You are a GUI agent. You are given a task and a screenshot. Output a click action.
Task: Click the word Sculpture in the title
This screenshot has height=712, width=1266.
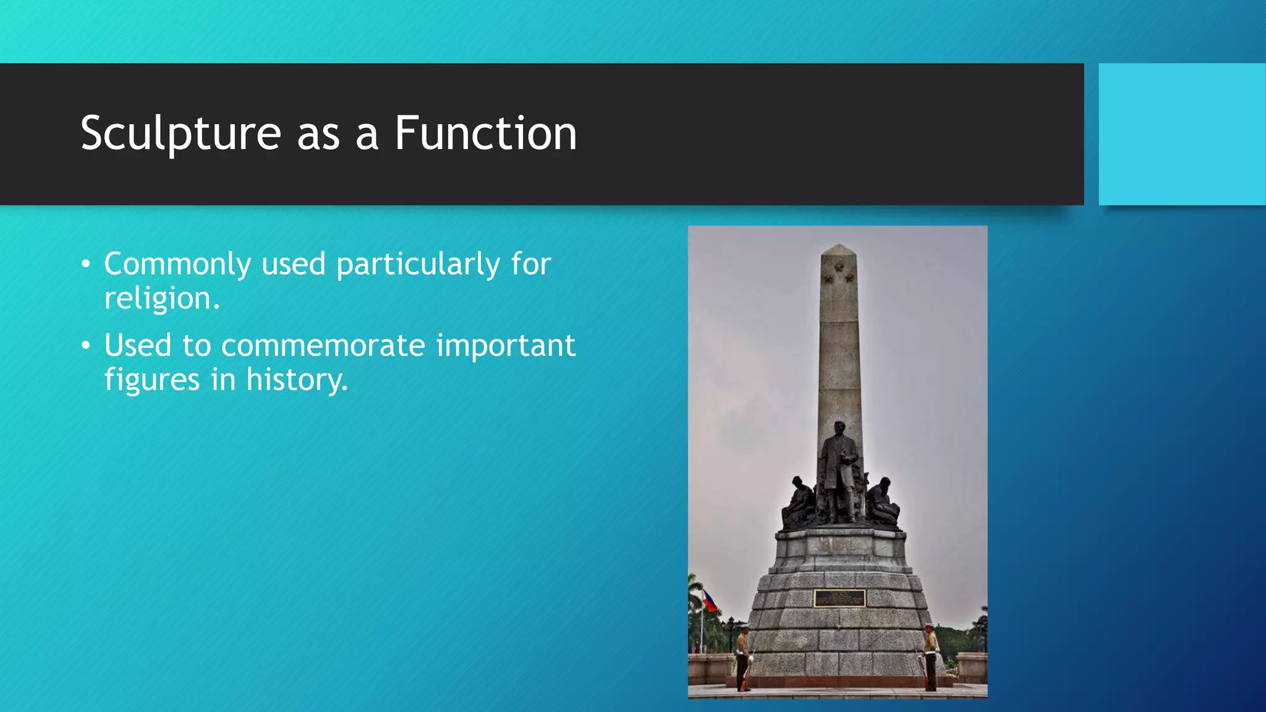point(181,133)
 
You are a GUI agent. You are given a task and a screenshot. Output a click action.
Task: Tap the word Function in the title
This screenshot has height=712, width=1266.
point(485,133)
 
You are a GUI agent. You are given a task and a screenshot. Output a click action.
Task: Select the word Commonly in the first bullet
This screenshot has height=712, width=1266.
point(177,265)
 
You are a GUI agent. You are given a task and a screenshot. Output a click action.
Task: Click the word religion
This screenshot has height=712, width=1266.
point(161,299)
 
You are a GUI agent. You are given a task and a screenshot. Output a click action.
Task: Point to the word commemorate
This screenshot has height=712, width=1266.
point(323,345)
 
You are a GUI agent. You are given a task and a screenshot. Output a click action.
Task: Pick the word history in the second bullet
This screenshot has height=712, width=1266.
point(296,379)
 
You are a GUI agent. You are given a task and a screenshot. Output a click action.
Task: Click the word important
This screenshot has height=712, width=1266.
point(505,345)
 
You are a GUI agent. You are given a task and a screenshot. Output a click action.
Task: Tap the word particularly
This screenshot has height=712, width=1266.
point(418,265)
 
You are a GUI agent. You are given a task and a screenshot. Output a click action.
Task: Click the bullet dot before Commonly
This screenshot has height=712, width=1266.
point(86,265)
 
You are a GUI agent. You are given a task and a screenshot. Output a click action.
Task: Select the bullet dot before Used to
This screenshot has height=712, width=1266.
point(86,346)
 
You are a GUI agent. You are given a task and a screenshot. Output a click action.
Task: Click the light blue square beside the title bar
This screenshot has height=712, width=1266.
point(1181,134)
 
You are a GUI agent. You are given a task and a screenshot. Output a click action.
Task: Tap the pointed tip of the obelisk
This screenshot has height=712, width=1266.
point(838,247)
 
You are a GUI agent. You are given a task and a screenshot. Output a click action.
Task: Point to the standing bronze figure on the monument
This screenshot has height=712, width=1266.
point(839,470)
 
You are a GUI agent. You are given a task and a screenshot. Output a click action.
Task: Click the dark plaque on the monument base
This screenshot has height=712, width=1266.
point(839,598)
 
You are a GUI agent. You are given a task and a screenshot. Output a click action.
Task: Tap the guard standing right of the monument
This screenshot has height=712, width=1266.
point(929,657)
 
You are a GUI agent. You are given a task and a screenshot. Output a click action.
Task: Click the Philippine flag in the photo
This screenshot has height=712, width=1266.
point(710,601)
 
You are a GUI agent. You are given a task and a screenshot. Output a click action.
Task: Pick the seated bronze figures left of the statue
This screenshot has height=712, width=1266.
point(799,504)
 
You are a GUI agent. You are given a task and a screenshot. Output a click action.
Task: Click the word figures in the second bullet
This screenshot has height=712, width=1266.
point(151,379)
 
